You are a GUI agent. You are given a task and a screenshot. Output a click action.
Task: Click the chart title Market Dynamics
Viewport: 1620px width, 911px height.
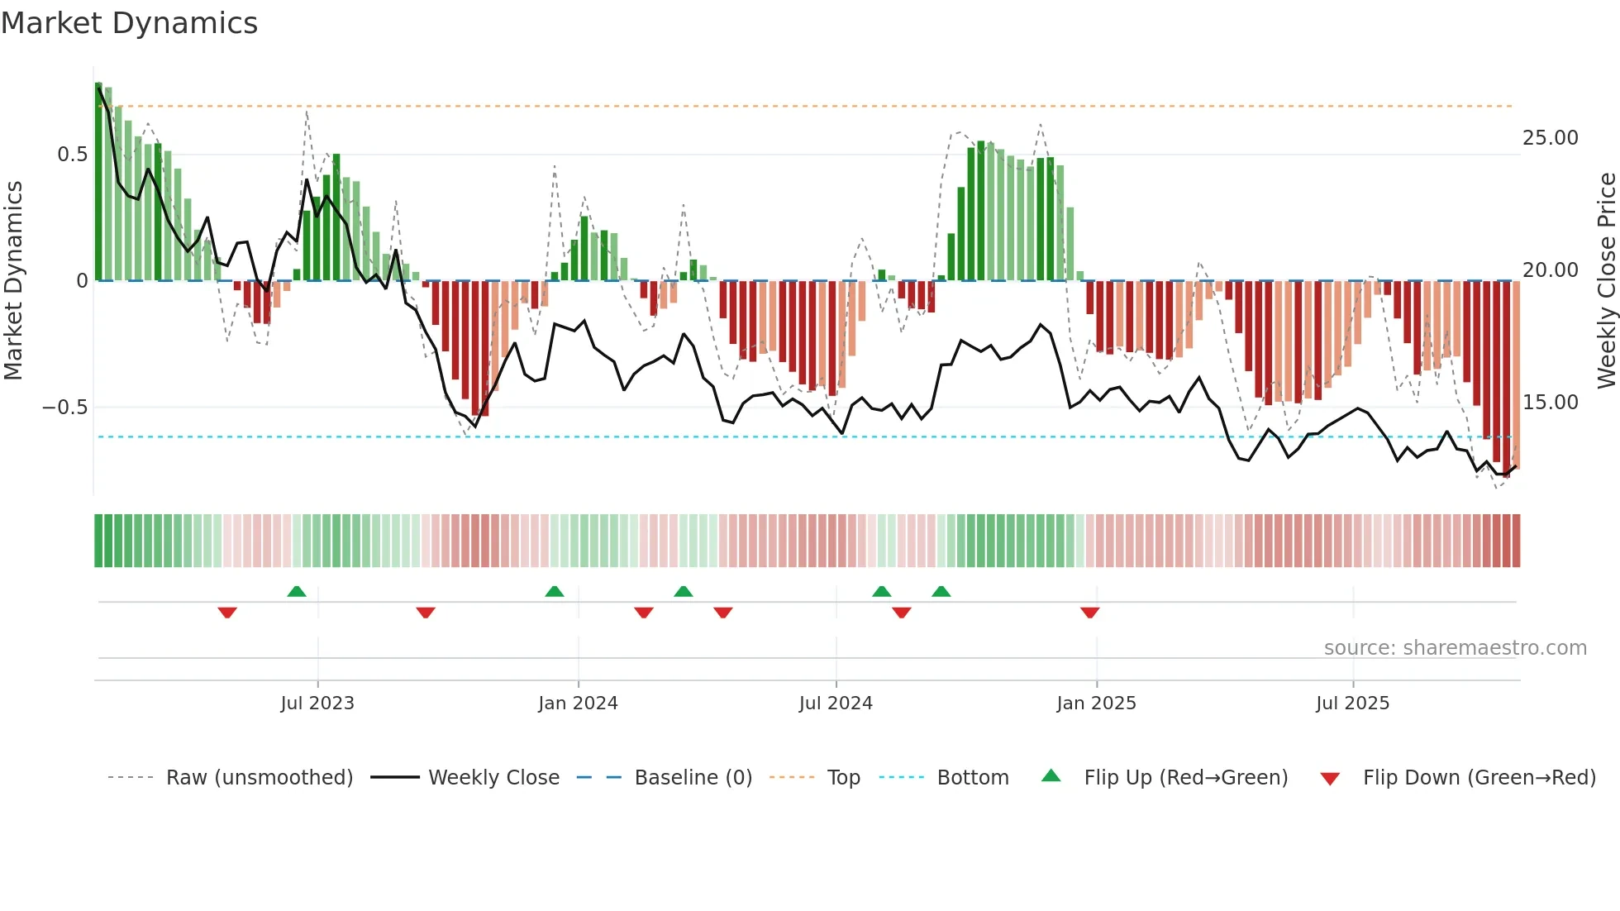point(130,23)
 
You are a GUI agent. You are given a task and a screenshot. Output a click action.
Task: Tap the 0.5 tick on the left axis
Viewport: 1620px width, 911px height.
point(73,155)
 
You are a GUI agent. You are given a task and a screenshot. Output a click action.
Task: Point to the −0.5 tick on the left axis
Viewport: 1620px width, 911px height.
point(65,408)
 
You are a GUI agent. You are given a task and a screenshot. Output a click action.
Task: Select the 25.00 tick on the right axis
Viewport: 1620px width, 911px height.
point(1550,138)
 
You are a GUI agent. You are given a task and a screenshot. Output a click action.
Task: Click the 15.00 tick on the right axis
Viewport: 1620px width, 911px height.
point(1550,403)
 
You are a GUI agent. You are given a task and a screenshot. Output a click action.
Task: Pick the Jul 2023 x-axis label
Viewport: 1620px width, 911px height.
point(317,704)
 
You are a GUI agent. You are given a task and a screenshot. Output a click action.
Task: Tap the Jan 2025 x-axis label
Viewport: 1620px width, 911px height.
point(1096,704)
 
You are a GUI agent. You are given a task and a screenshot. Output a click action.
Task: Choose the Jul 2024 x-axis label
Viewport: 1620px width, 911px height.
point(836,704)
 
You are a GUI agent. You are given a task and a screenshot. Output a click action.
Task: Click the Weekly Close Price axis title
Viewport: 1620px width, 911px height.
point(1606,281)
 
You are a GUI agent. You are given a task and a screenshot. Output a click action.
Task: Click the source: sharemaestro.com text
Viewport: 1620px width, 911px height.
point(1455,648)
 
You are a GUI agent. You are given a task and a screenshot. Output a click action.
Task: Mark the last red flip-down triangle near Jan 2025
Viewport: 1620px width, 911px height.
point(1089,613)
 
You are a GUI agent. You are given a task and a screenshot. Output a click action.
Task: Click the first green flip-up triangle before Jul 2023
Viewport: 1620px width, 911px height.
point(297,591)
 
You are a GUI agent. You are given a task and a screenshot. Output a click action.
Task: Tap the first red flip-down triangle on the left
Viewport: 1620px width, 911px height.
point(227,613)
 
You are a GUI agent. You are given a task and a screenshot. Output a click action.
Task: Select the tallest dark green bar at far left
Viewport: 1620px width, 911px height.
point(99,182)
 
